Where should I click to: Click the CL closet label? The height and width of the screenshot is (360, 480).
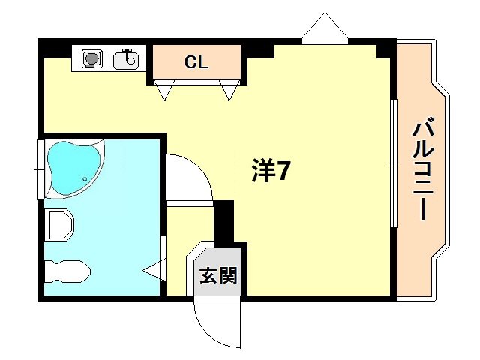196,63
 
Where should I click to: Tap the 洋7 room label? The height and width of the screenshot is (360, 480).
271,172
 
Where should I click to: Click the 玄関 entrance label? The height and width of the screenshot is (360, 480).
218,275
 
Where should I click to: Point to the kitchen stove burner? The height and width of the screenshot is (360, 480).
92,58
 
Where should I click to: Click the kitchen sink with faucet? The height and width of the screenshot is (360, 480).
127,58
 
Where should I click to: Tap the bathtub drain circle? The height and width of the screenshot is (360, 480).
85,179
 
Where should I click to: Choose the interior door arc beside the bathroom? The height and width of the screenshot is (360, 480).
187,178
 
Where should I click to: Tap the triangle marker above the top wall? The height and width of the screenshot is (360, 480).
325,28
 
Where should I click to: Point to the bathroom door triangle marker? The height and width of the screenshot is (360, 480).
155,267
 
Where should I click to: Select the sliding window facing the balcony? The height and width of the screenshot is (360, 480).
392,161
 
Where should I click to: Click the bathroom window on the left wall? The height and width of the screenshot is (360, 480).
40,169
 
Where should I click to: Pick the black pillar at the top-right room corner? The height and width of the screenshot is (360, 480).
385,49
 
